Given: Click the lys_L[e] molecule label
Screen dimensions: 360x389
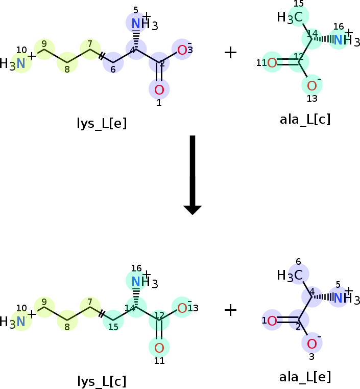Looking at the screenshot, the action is pyautogui.click(x=102, y=123).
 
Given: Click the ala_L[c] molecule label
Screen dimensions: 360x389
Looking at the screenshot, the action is pyautogui.click(x=305, y=119).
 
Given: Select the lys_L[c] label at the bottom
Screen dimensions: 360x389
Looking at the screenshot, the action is pyautogui.click(x=102, y=381).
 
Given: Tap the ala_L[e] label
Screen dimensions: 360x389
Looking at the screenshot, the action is pyautogui.click(x=305, y=377).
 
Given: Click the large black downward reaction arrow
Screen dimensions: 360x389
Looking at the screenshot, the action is pyautogui.click(x=193, y=175).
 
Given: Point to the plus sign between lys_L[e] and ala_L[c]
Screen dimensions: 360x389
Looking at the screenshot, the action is pyautogui.click(x=230, y=53).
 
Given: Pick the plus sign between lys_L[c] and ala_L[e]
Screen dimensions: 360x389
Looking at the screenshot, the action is pyautogui.click(x=230, y=311).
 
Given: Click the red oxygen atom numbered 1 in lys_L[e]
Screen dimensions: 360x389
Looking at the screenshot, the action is pyautogui.click(x=159, y=89).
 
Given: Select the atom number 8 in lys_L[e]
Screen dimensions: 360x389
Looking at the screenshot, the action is pyautogui.click(x=67, y=70).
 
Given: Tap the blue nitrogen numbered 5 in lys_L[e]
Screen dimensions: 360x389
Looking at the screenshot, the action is pyautogui.click(x=136, y=24).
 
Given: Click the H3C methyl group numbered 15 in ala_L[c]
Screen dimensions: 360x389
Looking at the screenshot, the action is pyautogui.click(x=290, y=17).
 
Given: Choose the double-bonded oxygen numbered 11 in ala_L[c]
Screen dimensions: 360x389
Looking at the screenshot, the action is pyautogui.click(x=272, y=62).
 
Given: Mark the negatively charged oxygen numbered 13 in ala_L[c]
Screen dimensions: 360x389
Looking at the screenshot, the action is pyautogui.click(x=312, y=85).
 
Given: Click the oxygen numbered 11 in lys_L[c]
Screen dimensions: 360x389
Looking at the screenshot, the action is pyautogui.click(x=159, y=348).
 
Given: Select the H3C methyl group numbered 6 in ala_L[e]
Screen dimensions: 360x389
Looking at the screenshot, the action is pyautogui.click(x=290, y=275).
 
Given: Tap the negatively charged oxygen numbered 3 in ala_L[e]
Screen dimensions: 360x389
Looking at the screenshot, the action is pyautogui.click(x=312, y=344).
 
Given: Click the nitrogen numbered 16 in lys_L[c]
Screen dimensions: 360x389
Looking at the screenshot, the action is pyautogui.click(x=136, y=282).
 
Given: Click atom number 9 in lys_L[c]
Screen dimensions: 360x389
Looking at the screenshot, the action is pyautogui.click(x=44, y=302).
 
